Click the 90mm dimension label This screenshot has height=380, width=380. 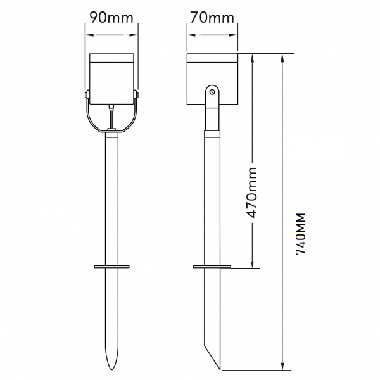[111, 18]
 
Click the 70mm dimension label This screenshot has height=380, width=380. [212, 18]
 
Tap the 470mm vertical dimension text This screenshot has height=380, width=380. [251, 193]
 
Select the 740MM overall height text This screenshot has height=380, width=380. [300, 234]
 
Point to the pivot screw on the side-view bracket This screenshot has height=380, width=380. [212, 92]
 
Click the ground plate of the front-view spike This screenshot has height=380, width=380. [111, 267]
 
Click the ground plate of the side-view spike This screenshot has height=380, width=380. [212, 267]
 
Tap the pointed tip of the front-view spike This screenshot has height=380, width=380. [111, 369]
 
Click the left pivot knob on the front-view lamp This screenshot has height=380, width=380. [87, 95]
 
